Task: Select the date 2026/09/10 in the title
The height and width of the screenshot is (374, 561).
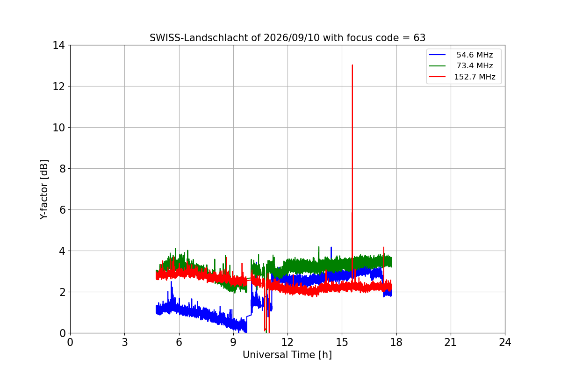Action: click(292, 38)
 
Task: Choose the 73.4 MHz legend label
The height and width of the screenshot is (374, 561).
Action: click(475, 65)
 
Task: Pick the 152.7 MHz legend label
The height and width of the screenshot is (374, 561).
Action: click(475, 77)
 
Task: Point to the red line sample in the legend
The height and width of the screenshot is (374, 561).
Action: click(437, 77)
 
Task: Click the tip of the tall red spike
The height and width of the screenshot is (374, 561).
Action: click(352, 65)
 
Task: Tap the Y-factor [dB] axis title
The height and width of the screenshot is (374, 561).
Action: click(43, 190)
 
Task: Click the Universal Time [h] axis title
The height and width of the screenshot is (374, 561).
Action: click(287, 355)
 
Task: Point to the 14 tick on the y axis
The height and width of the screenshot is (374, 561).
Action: click(58, 45)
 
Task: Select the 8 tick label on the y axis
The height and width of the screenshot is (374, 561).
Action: click(62, 169)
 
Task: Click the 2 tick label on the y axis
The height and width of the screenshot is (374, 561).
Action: click(62, 292)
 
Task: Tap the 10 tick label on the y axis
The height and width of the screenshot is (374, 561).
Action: click(58, 128)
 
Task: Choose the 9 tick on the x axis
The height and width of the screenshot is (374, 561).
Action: click(233, 342)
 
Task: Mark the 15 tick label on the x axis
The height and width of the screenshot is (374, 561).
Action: click(342, 342)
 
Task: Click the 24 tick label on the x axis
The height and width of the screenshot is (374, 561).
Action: click(505, 342)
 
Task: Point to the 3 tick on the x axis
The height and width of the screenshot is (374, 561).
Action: click(125, 342)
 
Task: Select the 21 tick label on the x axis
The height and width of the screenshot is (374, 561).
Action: click(451, 342)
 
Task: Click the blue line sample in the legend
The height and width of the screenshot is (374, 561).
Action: click(437, 55)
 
